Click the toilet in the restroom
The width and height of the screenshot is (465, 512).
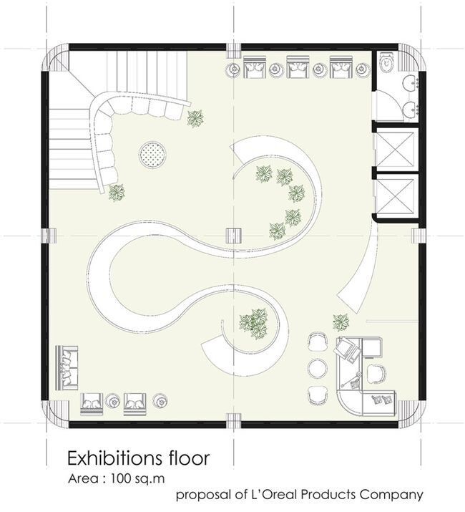[387, 63]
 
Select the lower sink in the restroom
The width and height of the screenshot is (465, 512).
[410, 109]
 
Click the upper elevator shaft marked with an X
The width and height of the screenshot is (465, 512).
[396, 148]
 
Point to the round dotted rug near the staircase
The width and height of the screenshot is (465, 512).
[153, 153]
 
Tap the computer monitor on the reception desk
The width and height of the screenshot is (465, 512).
[347, 349]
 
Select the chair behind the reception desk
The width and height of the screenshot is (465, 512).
[376, 372]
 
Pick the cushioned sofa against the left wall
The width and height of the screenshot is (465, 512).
[68, 366]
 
